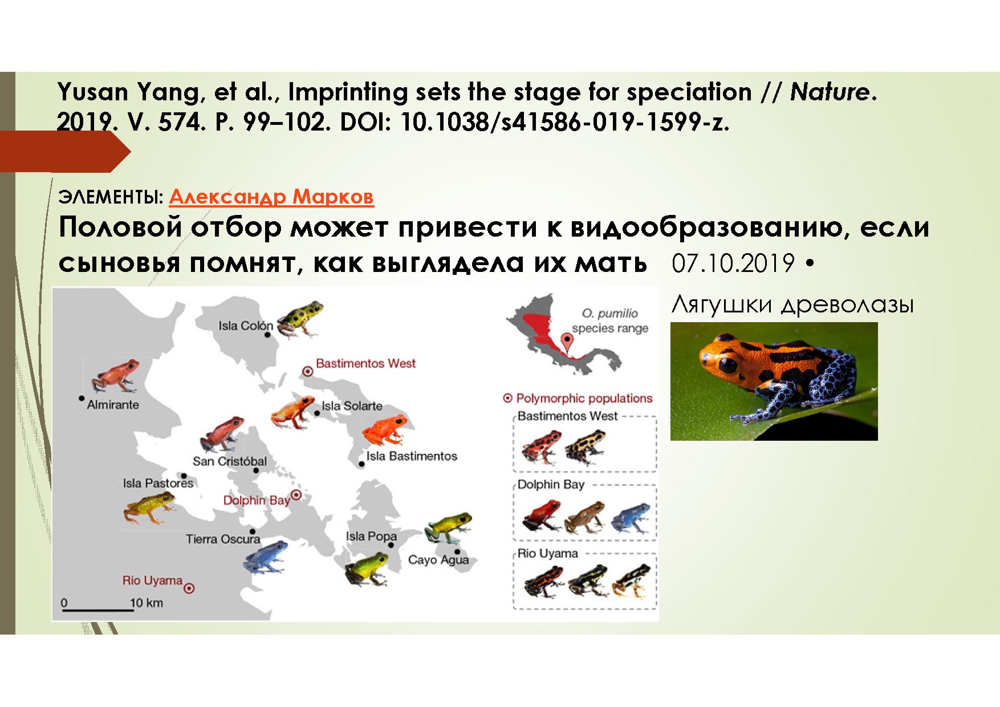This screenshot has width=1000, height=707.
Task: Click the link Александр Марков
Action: coord(271,197)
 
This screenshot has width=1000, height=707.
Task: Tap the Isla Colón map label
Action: coord(246,326)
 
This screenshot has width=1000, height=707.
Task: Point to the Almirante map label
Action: coord(113,404)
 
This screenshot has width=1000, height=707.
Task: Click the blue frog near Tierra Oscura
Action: coord(265,556)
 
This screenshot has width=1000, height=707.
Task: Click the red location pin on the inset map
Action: coord(567,342)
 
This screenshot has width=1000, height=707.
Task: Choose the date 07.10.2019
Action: coord(733,263)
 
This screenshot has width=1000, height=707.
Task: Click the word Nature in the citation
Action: coord(830,92)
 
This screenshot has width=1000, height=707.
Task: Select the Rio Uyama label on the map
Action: coord(152,580)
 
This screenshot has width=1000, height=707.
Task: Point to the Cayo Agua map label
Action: coord(438,559)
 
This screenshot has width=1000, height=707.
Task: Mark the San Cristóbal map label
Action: coord(229,461)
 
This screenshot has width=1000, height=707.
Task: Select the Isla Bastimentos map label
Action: coord(412,456)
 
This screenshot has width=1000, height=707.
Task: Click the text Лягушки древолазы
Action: coord(792,306)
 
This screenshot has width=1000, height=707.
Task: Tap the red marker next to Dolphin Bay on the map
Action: coord(296,495)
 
